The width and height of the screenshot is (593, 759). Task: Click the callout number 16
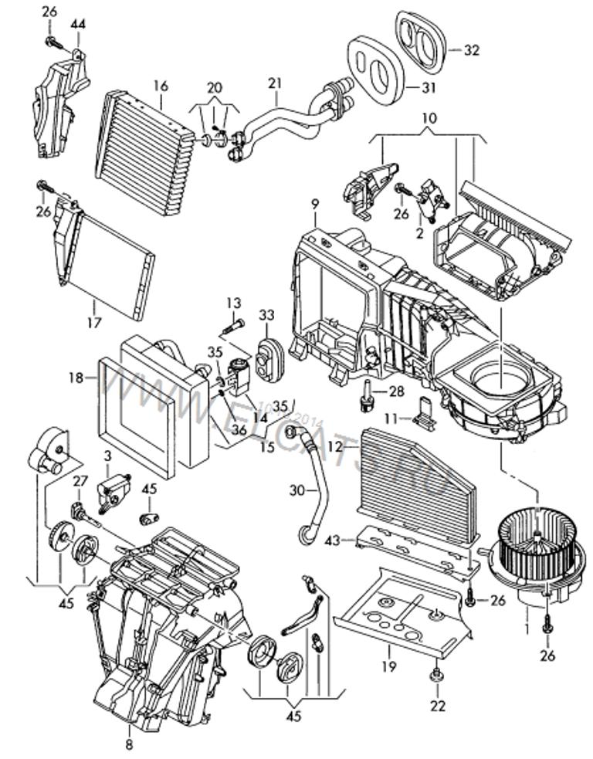[x=160, y=83]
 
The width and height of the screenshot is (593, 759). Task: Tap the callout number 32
[x=472, y=50]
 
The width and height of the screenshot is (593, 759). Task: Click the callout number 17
[x=94, y=323]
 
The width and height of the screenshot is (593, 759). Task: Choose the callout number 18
[x=75, y=378]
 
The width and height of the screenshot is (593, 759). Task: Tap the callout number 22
[x=438, y=705]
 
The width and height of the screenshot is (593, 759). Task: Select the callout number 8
[x=128, y=744]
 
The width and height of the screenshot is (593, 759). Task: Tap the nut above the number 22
[x=437, y=676]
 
